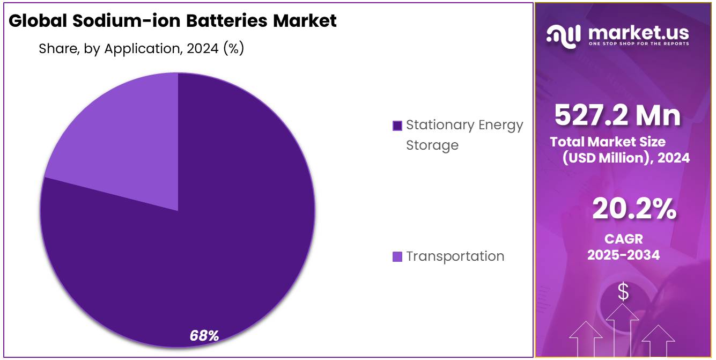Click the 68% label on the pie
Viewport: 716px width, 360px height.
204,336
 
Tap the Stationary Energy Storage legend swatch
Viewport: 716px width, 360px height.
397,126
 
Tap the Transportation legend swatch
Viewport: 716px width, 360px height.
397,256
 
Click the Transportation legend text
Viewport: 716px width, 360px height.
455,256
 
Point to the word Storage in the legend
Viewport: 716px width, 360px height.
432,145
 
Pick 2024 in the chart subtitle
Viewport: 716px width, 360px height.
202,48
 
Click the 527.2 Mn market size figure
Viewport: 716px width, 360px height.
617,115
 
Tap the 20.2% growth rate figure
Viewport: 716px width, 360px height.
634,209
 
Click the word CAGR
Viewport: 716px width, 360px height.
623,239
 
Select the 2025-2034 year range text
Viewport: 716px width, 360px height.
623,255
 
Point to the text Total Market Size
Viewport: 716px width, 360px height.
608,142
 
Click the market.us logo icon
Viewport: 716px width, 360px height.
563,34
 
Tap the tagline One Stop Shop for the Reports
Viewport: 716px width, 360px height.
638,43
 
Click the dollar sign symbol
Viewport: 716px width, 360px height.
623,292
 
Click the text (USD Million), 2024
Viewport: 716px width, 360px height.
626,158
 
